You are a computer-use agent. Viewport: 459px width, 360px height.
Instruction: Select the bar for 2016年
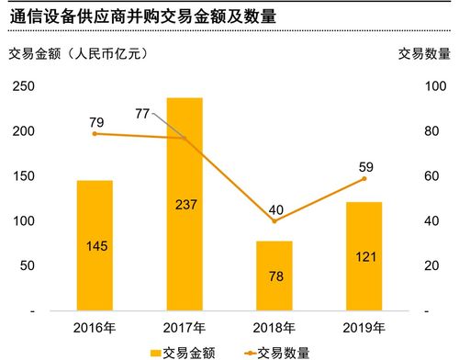coord(95,246)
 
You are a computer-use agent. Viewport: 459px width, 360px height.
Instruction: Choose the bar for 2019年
coord(364,256)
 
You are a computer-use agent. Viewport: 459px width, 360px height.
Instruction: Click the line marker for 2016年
coord(95,134)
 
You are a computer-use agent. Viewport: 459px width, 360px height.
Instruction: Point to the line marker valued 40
coord(274,221)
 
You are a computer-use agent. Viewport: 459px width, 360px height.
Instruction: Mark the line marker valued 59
coord(364,179)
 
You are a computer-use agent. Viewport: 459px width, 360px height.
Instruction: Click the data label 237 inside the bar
coord(185,204)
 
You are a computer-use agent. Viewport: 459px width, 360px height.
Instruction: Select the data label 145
coord(95,246)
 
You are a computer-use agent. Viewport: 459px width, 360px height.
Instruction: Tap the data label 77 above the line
coord(142,113)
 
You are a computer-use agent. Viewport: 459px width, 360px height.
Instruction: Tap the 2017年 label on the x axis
coord(185,327)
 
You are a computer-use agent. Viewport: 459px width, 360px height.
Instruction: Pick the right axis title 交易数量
coord(423,53)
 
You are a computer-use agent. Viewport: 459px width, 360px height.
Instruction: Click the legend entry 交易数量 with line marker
coord(275,351)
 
